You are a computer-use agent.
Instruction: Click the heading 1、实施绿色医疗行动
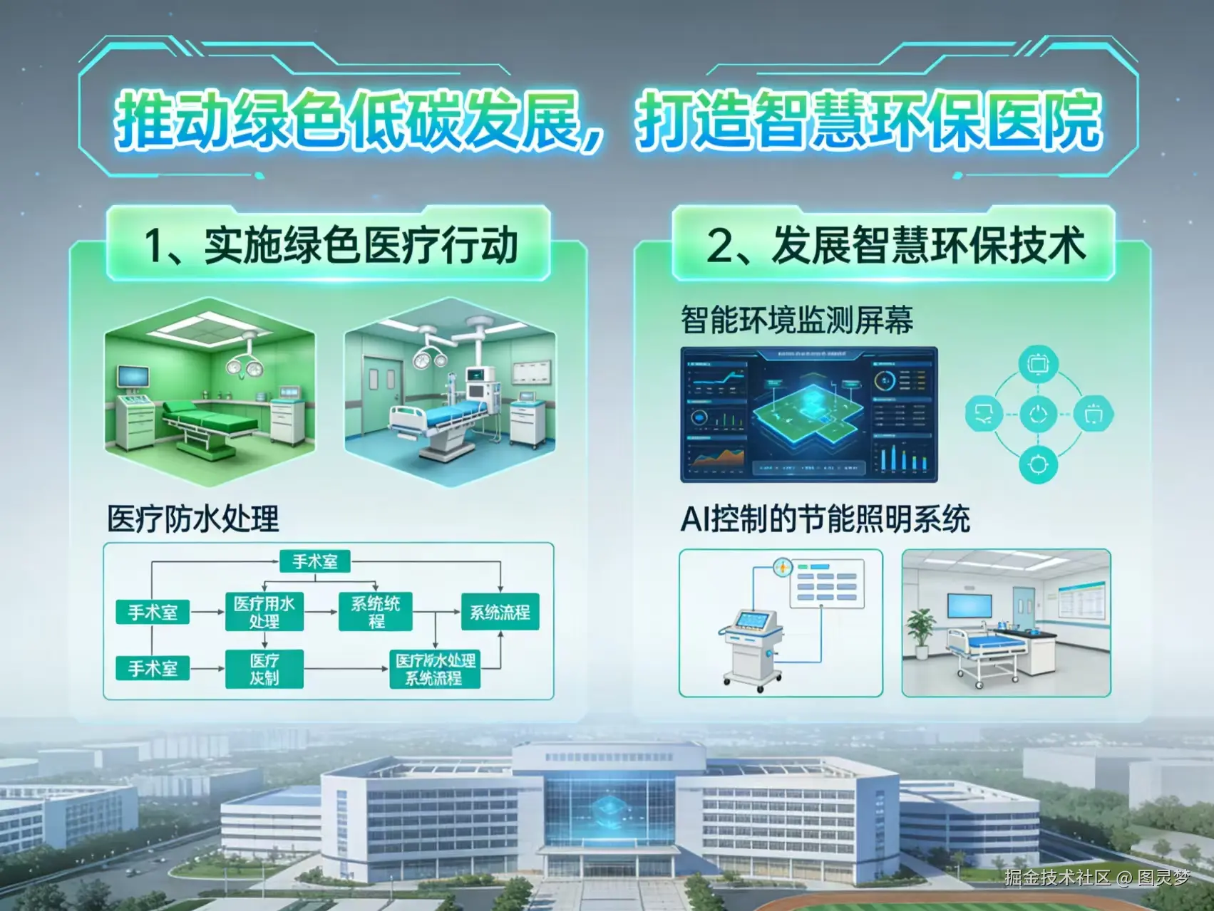[x=329, y=246]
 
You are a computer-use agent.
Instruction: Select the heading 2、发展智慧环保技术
[x=895, y=246]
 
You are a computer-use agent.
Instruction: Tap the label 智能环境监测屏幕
[x=796, y=320]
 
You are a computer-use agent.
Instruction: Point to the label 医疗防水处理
[x=192, y=519]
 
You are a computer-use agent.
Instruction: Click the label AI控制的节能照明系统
[x=825, y=519]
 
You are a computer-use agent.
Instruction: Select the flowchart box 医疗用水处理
[x=264, y=612]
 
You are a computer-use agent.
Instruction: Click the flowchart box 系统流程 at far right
[x=500, y=612]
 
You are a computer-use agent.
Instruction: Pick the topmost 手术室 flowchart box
[x=314, y=561]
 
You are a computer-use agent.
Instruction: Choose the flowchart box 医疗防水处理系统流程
[x=434, y=669]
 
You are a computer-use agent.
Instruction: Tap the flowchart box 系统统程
[x=376, y=612]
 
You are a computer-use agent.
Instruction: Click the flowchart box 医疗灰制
[x=264, y=669]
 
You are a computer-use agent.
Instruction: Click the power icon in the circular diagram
[x=1038, y=415]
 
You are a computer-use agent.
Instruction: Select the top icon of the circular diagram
[x=1038, y=364]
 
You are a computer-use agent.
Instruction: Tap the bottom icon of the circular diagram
[x=1038, y=465]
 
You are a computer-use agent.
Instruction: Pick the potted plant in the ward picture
[x=922, y=630]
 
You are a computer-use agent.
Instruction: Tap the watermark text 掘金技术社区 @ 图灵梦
[x=1096, y=878]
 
